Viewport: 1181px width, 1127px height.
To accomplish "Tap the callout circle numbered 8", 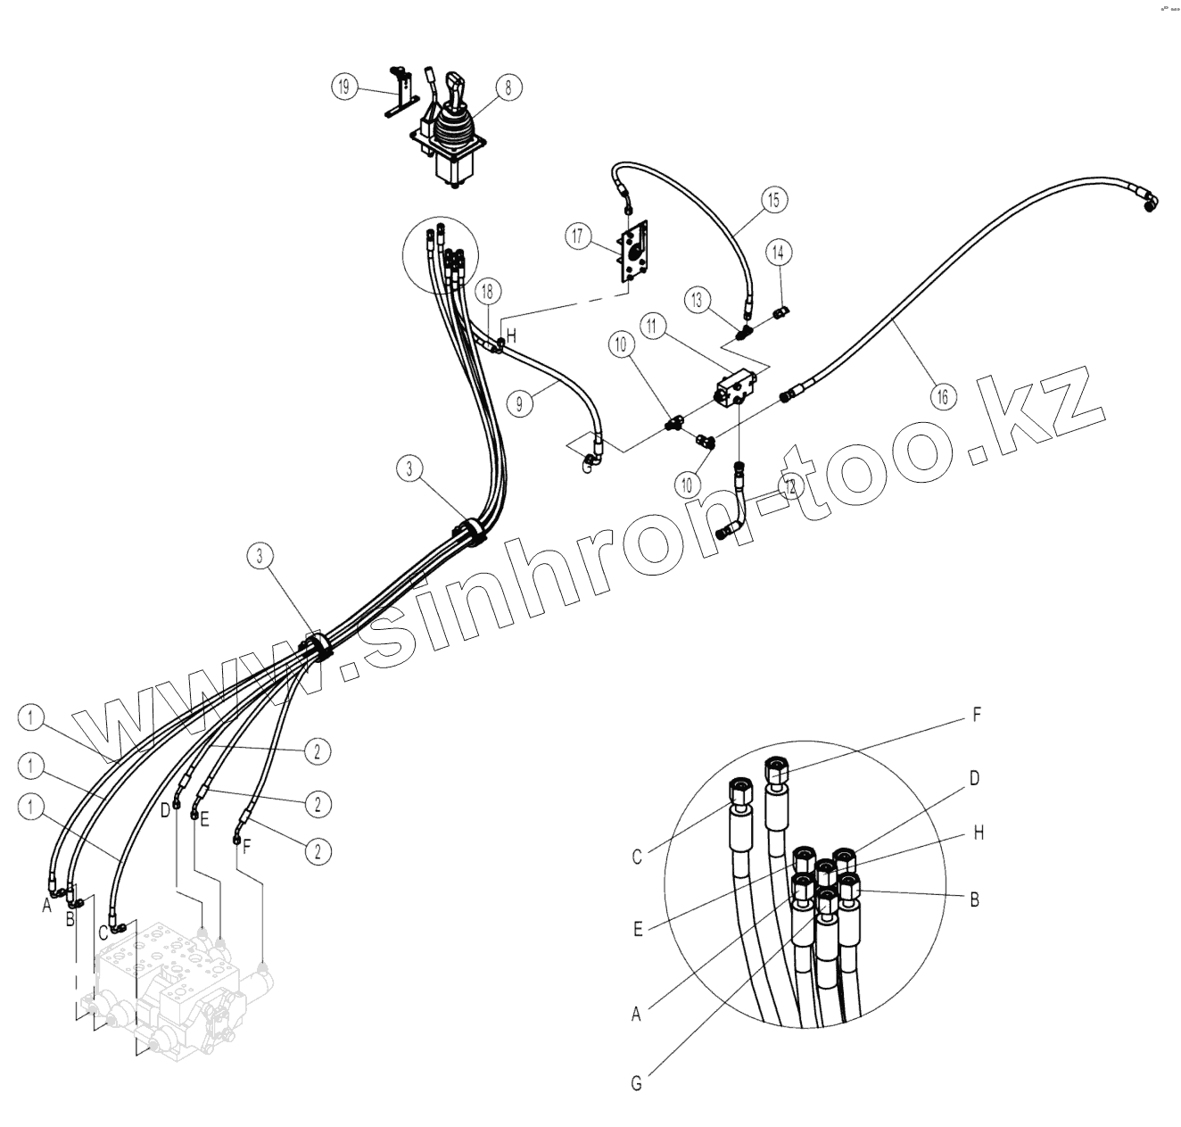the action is coord(508,87).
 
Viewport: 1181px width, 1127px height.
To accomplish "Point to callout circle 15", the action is coord(773,200).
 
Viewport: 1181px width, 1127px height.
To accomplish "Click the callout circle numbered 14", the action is coord(779,253).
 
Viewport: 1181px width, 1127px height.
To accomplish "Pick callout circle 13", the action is coord(698,300).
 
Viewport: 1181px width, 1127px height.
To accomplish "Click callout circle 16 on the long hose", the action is coord(943,395).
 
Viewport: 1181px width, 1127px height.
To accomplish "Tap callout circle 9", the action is coord(519,403).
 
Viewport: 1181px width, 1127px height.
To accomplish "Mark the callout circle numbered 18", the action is coord(487,291).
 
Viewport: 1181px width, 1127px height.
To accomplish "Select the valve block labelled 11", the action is coord(737,391).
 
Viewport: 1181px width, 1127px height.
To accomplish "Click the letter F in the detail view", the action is coord(976,716).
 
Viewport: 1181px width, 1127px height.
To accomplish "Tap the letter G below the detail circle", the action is coord(636,1083).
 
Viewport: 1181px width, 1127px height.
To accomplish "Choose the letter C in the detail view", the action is coord(637,858).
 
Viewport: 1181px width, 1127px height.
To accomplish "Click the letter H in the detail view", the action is coord(979,833).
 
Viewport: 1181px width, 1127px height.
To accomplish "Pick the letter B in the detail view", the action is coord(975,899).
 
